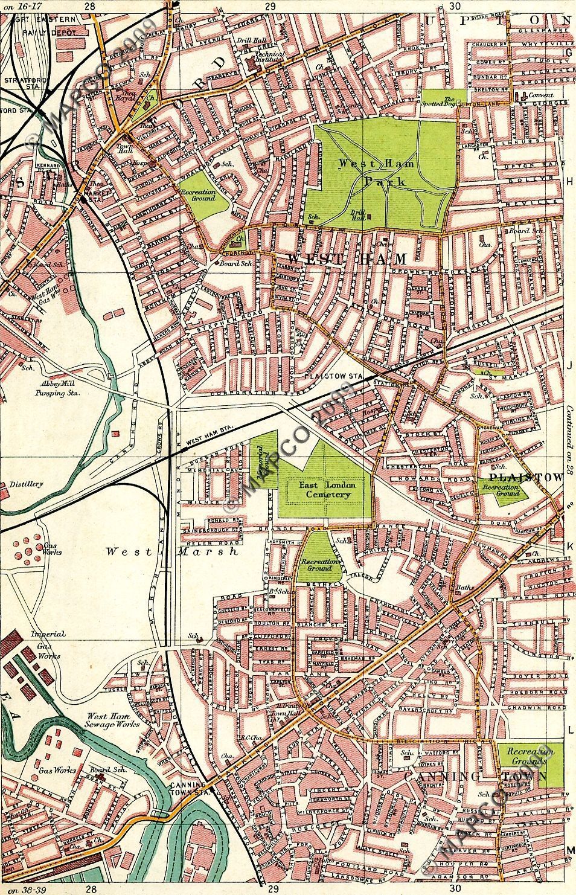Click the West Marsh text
coord(171,551)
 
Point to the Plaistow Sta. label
coord(333,376)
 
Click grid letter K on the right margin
coord(569,546)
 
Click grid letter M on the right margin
coord(569,850)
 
